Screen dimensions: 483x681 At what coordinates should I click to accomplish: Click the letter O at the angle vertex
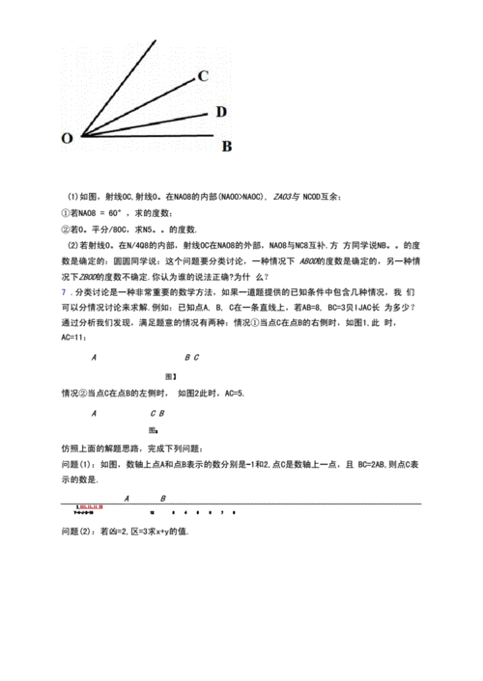tap(67, 138)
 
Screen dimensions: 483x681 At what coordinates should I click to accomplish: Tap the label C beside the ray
tap(204, 76)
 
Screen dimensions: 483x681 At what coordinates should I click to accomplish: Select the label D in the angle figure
tap(221, 112)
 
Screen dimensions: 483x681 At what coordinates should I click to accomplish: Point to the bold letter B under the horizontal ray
tap(227, 147)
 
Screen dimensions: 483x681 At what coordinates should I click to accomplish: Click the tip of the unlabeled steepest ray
tap(155, 41)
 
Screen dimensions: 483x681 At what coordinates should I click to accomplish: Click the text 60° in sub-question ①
tap(119, 212)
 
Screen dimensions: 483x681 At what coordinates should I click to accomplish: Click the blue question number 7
tap(64, 290)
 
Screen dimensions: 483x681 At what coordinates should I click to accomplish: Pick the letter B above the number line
tap(162, 498)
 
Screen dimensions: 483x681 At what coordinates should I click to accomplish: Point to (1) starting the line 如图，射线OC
tap(72, 196)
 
